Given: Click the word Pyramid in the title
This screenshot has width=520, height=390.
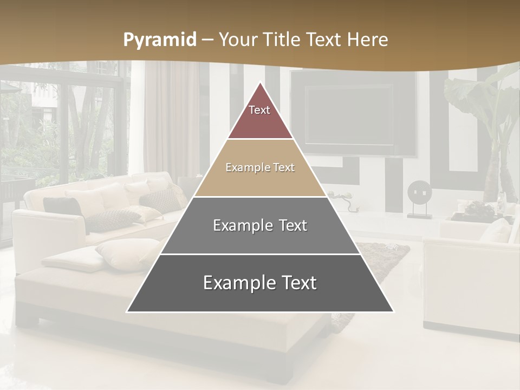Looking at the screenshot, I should (160, 40).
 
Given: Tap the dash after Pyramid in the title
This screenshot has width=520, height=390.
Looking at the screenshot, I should (207, 40).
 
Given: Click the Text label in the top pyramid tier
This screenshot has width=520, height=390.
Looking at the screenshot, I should (259, 110).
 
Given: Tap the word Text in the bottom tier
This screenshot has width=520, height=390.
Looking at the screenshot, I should (297, 283).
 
